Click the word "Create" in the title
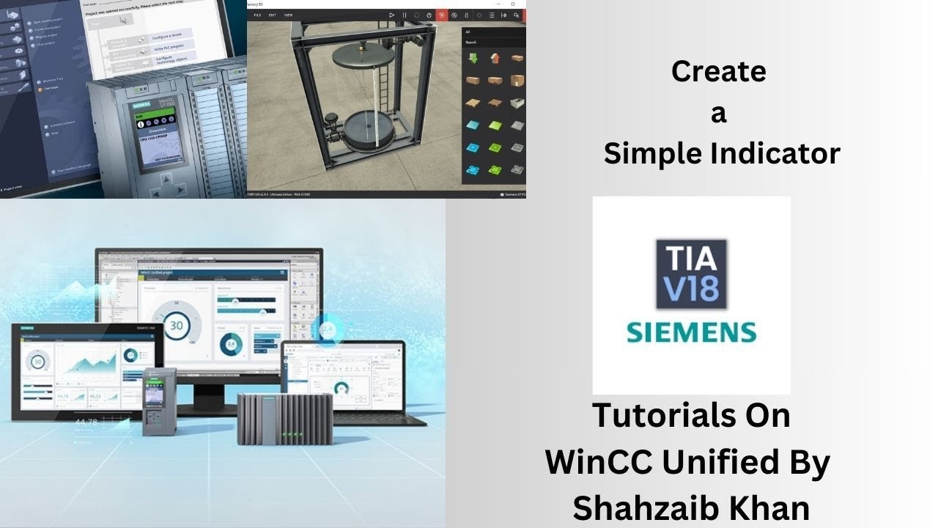[x=718, y=72]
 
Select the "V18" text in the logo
[x=691, y=286]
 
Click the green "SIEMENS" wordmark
[x=691, y=331]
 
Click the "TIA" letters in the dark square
[x=691, y=258]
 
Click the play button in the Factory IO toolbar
[x=391, y=15]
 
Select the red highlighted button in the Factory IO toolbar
[x=441, y=15]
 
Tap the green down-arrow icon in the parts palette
[x=473, y=59]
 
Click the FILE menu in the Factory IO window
[x=257, y=15]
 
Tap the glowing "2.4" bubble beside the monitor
[x=328, y=330]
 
